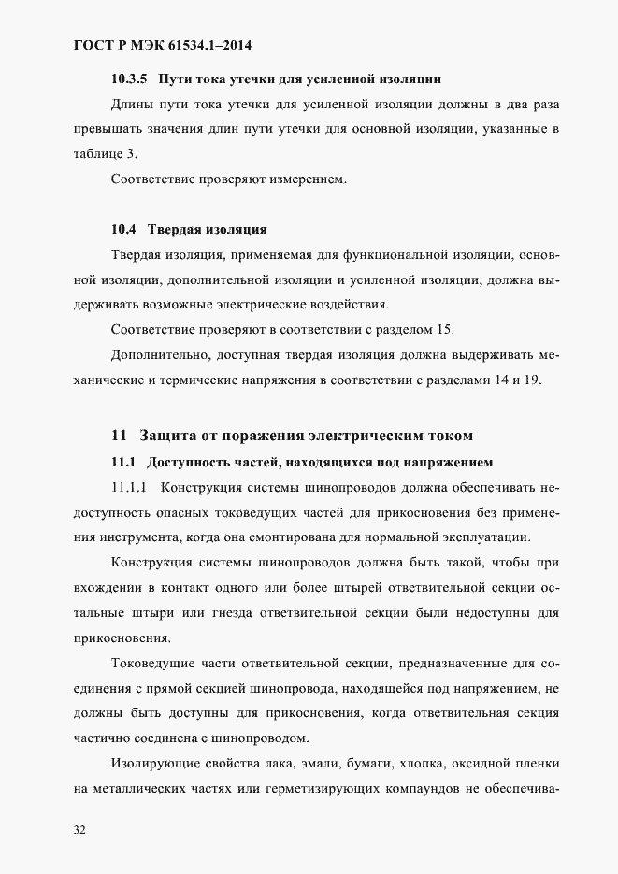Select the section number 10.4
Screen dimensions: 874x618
point(124,229)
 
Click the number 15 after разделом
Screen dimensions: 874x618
point(444,329)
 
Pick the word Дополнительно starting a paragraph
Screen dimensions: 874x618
point(161,354)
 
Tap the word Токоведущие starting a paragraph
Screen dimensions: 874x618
point(154,665)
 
